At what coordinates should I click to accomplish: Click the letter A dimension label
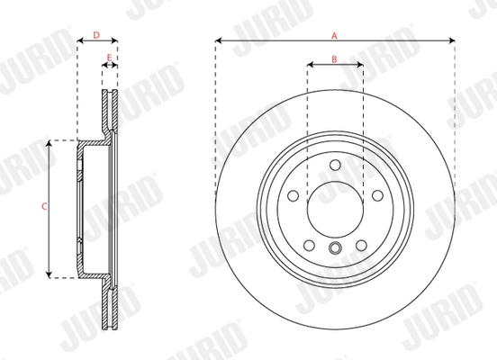coord(334,35)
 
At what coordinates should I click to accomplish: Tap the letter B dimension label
coord(334,59)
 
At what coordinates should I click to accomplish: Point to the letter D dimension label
coord(97,36)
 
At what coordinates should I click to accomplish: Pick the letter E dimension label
coord(109,59)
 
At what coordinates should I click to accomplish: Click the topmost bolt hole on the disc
coord(335,165)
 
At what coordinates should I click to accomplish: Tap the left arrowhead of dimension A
coord(219,41)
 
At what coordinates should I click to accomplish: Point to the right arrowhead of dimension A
coord(449,41)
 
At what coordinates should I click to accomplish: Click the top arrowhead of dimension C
coord(50,143)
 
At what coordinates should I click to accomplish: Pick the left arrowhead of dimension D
coord(80,41)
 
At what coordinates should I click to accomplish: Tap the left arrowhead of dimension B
coord(311,65)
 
